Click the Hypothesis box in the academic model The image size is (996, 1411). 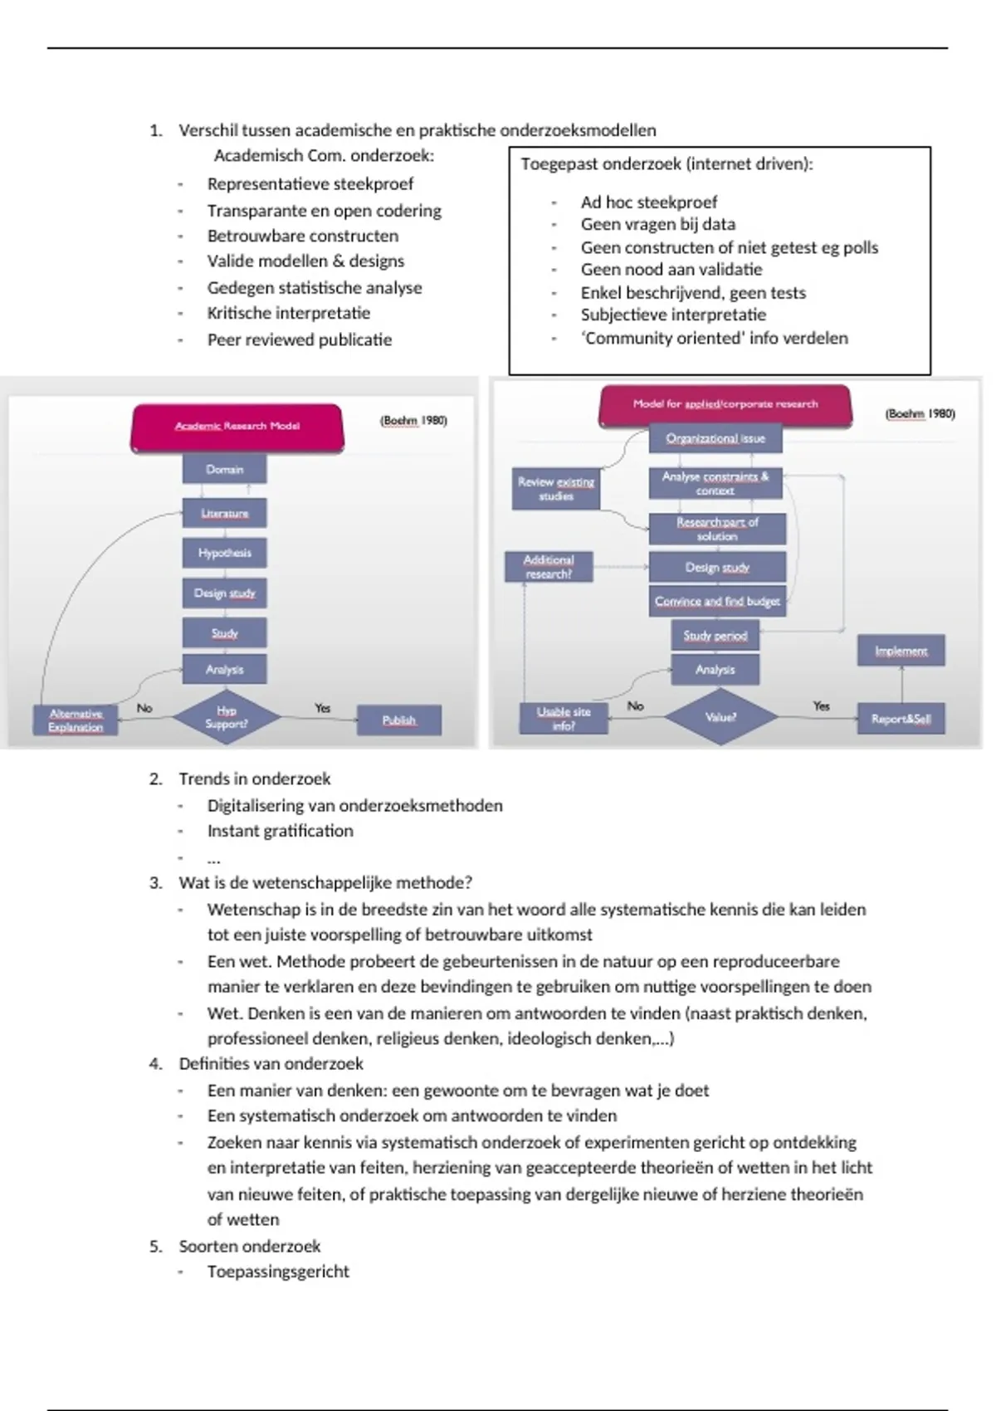click(x=224, y=553)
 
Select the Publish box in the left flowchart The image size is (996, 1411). click(x=398, y=720)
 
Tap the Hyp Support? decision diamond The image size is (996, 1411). click(x=226, y=717)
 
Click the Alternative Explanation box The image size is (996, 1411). click(x=75, y=720)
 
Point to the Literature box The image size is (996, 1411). click(x=224, y=513)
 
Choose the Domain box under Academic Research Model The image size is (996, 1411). click(x=224, y=469)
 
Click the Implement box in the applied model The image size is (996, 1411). click(x=901, y=651)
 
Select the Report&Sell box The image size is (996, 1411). click(x=901, y=719)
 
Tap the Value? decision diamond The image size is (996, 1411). click(x=720, y=717)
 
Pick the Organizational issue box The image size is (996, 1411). click(x=715, y=438)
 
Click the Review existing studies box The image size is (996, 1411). click(x=555, y=489)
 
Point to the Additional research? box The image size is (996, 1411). click(x=548, y=567)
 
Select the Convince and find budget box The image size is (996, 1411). click(x=716, y=601)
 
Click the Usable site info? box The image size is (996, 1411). click(x=564, y=718)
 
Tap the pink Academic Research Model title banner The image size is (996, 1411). click(x=237, y=427)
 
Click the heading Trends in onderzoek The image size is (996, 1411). click(x=254, y=779)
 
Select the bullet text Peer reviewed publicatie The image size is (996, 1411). click(x=299, y=339)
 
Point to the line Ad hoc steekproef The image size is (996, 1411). click(x=648, y=202)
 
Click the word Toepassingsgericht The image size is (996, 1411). click(x=278, y=1271)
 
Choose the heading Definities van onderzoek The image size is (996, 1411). click(x=271, y=1063)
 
